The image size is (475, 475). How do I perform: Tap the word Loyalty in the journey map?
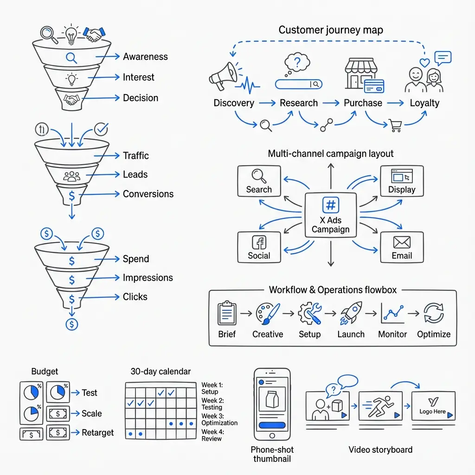click(x=424, y=103)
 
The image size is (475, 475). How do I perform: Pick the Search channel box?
click(x=259, y=181)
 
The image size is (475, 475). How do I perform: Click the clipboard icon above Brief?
click(x=227, y=313)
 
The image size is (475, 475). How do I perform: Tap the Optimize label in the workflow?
click(x=434, y=334)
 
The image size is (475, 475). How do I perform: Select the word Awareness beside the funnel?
click(x=145, y=57)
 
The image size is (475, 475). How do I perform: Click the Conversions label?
click(x=148, y=194)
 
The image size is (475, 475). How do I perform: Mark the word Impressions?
click(x=148, y=278)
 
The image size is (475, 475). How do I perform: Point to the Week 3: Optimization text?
click(x=219, y=419)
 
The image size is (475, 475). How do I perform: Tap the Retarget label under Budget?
click(x=97, y=433)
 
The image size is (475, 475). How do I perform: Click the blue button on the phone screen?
click(x=272, y=425)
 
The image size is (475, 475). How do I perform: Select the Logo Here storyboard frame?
click(x=433, y=406)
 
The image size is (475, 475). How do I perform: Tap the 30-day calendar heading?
click(x=160, y=372)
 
